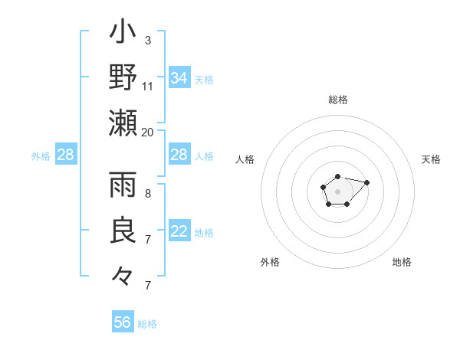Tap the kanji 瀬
click(123, 123)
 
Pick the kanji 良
click(123, 231)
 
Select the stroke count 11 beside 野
click(148, 86)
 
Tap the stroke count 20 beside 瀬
click(148, 132)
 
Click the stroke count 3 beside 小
click(147, 40)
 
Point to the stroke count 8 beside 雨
click(147, 194)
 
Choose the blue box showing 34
click(179, 78)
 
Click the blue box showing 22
click(179, 232)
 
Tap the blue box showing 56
click(123, 322)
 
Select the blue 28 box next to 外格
click(66, 155)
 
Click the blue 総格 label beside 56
click(147, 324)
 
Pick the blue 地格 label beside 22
click(204, 233)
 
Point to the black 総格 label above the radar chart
click(337, 100)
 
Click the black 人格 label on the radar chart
click(245, 159)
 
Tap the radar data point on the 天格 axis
click(366, 182)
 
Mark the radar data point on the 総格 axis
click(337, 177)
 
